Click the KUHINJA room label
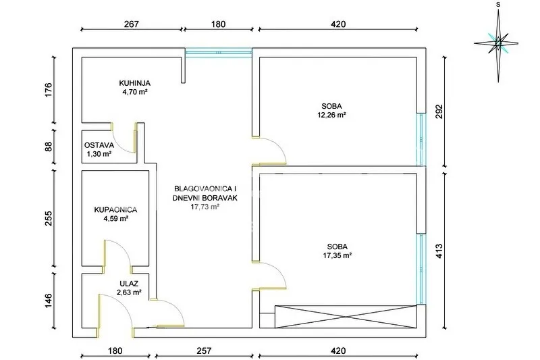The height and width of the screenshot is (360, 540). pyautogui.click(x=134, y=83)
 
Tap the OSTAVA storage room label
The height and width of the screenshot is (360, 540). pyautogui.click(x=99, y=145)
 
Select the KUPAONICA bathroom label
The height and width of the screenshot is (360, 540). pyautogui.click(x=115, y=210)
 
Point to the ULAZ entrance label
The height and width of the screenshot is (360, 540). pyautogui.click(x=129, y=284)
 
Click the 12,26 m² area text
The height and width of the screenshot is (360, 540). pyautogui.click(x=331, y=115)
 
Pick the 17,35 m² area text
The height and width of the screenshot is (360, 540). pyautogui.click(x=337, y=255)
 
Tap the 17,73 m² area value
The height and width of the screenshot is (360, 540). pyautogui.click(x=205, y=207)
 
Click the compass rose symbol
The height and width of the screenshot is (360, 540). pyautogui.click(x=497, y=44)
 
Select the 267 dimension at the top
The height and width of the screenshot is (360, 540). pyautogui.click(x=131, y=24)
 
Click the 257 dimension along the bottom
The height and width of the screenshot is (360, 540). pyautogui.click(x=204, y=351)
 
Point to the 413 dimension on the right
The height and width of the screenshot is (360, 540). pyautogui.click(x=439, y=251)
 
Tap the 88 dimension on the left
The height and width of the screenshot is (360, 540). pyautogui.click(x=49, y=147)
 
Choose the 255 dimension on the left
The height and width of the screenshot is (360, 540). pyautogui.click(x=49, y=218)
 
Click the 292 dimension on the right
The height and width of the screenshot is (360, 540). pyautogui.click(x=439, y=111)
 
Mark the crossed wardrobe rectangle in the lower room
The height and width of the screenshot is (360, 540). pyautogui.click(x=346, y=317)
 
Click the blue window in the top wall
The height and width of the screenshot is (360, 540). pyautogui.click(x=218, y=53)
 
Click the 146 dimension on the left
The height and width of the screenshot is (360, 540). pyautogui.click(x=49, y=301)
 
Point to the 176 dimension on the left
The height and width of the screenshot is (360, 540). pyautogui.click(x=49, y=90)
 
